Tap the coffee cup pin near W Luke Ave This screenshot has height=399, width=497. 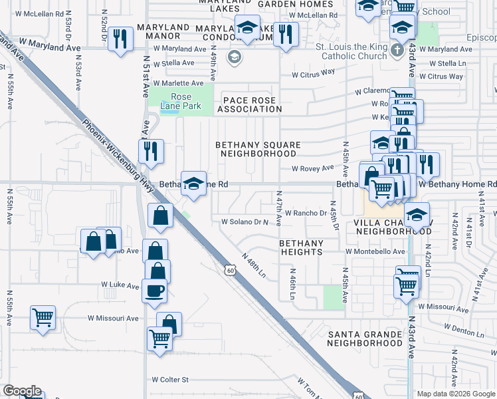pos(154,290)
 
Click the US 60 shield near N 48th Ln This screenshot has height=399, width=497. pos(230,270)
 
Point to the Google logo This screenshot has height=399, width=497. pos(21,391)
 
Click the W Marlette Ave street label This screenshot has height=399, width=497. pos(178,83)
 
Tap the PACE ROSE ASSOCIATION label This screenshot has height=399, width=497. pos(248,104)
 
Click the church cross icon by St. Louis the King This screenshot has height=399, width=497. pos(397,51)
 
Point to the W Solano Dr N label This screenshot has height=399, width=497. pos(248,221)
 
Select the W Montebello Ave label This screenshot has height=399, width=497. pos(375,252)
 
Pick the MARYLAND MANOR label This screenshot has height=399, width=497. pos(159,33)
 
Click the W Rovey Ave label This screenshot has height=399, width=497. pos(312,168)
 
